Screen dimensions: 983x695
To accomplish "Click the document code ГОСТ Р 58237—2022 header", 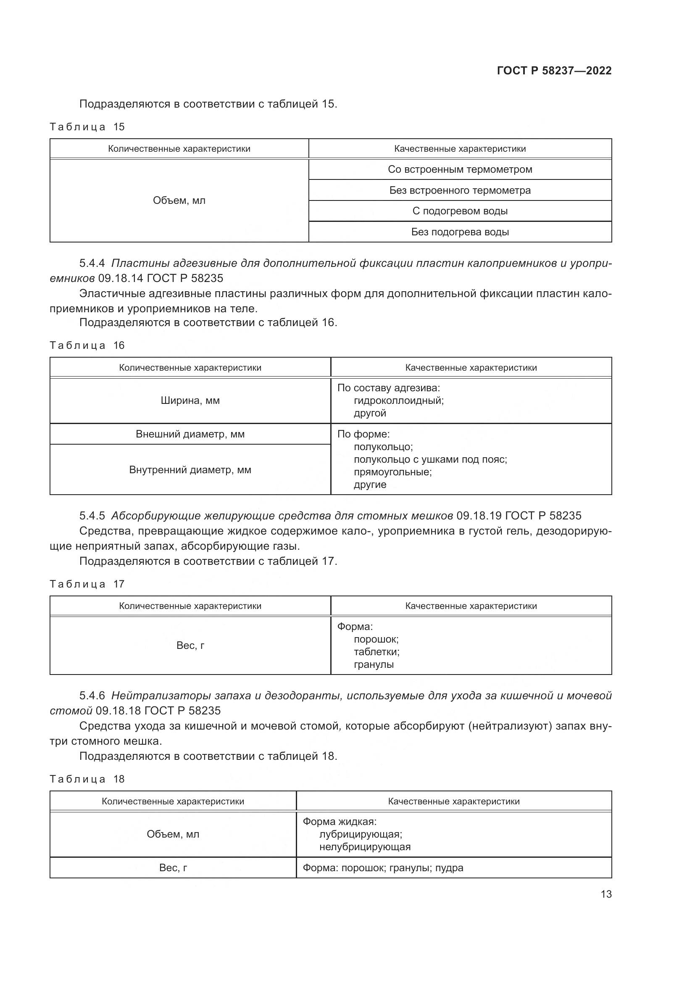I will (x=554, y=71).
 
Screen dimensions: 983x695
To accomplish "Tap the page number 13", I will (x=606, y=894).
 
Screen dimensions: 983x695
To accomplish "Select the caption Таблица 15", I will (x=87, y=127).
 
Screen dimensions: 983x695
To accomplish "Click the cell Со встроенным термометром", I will (x=460, y=169).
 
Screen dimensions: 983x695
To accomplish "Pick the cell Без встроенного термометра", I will (x=460, y=190).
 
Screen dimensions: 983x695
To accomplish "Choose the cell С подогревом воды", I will (x=460, y=211).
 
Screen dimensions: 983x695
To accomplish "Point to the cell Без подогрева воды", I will (x=460, y=232).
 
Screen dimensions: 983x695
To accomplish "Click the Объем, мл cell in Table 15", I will (x=179, y=200).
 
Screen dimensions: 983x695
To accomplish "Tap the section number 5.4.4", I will (x=92, y=264).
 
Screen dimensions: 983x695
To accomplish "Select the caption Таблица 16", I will (x=87, y=345).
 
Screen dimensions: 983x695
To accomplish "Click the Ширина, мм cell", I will (x=190, y=401).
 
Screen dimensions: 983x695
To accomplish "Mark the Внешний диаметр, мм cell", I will (x=190, y=434).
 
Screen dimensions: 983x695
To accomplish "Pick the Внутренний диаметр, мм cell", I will (x=190, y=470).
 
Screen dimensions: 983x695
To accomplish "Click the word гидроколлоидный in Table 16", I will (x=398, y=401).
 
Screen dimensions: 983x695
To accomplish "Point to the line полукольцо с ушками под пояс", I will (x=430, y=459).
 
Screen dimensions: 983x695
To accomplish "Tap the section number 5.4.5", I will (x=92, y=516).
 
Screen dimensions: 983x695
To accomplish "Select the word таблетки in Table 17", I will (x=376, y=652).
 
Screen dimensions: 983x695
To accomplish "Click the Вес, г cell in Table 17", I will (x=190, y=645).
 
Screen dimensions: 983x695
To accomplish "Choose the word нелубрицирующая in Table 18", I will (x=365, y=846).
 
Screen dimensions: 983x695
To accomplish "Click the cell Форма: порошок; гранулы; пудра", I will (x=383, y=868).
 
